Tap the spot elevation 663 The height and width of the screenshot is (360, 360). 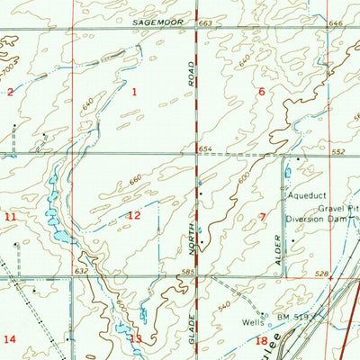point(204,22)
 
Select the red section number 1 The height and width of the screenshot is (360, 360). point(135,92)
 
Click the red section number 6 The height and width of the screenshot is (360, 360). point(262,92)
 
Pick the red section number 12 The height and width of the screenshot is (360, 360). point(134,215)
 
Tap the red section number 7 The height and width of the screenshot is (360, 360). point(262,216)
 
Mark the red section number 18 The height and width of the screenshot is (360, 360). point(261,340)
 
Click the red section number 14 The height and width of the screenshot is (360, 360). point(10,338)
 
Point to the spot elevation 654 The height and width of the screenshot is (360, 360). point(205,149)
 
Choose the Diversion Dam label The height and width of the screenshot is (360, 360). point(317,218)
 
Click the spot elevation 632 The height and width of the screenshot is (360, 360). point(82,270)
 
